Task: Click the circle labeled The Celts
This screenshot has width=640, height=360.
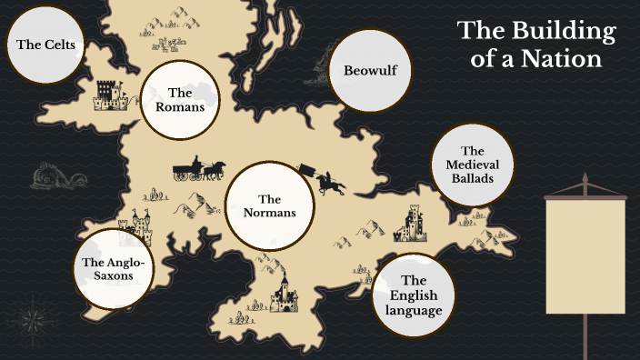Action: click(x=45, y=44)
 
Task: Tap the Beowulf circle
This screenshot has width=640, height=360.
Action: click(x=365, y=70)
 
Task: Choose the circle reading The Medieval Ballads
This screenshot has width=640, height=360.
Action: click(x=471, y=165)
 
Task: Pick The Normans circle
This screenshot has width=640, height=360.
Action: click(x=269, y=205)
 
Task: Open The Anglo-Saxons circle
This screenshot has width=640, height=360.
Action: click(x=114, y=269)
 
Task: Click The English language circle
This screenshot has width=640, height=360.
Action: click(x=413, y=295)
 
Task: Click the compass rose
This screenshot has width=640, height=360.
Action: click(x=35, y=317)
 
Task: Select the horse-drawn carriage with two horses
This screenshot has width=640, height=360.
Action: click(x=198, y=168)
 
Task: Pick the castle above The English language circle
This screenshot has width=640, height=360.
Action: click(x=409, y=224)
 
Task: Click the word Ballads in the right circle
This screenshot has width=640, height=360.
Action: click(x=471, y=178)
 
